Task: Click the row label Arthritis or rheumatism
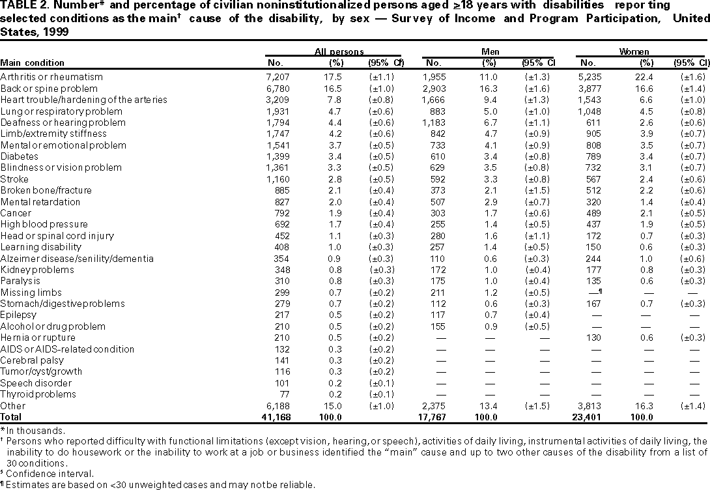pyautogui.click(x=43, y=77)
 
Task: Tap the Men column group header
pyautogui.click(x=489, y=51)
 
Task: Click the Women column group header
pyautogui.click(x=642, y=51)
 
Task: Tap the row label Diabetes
pyautogui.click(x=20, y=156)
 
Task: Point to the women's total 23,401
pyautogui.click(x=586, y=416)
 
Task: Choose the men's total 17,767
pyautogui.click(x=431, y=416)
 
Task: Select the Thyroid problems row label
pyautogui.click(x=38, y=394)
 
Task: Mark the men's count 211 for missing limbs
pyautogui.click(x=438, y=293)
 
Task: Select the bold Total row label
pyautogui.click(x=12, y=416)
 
